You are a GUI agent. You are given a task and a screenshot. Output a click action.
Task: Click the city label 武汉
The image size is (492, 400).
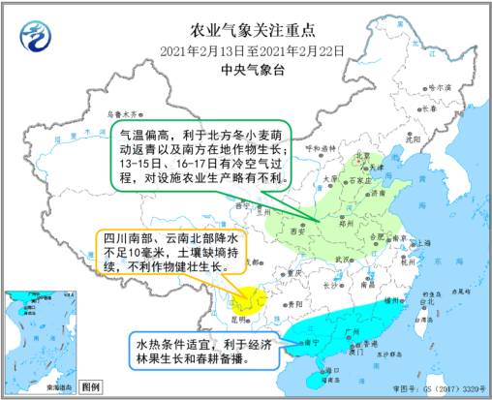pyautogui.click(x=339, y=259)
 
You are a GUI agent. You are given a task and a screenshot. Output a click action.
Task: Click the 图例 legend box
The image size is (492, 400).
pyautogui.click(x=89, y=386)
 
